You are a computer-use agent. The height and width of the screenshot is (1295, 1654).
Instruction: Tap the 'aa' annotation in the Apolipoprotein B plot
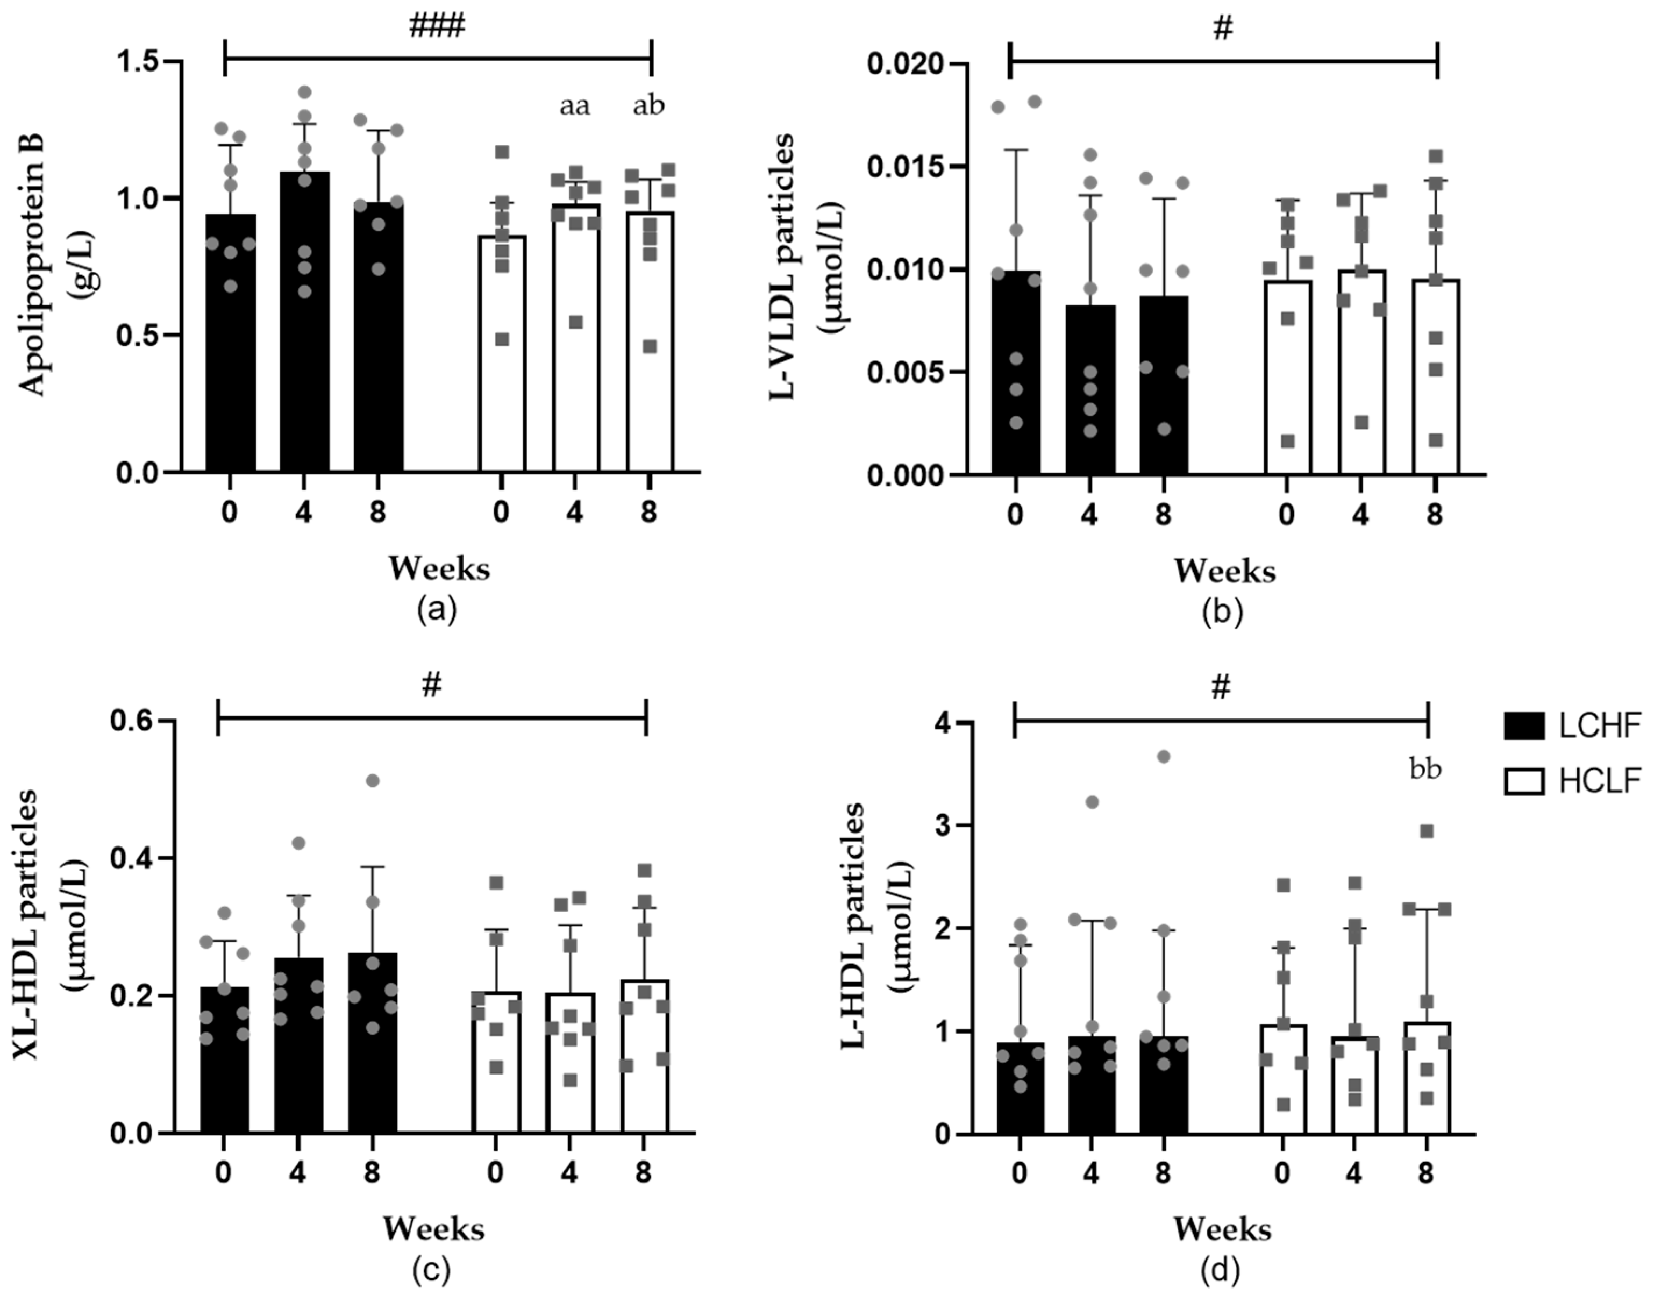tap(575, 106)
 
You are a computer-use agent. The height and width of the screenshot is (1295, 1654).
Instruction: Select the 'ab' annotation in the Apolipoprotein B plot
tap(649, 106)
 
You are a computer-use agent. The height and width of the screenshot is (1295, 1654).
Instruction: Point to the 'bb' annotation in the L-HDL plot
tap(1425, 770)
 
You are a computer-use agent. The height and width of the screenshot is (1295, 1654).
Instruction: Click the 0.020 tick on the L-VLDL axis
tap(907, 63)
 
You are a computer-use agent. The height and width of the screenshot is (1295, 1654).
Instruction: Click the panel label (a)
tap(437, 610)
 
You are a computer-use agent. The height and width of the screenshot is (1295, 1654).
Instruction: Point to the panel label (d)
tap(1222, 1269)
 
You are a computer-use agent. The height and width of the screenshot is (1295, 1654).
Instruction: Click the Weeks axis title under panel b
tap(1224, 571)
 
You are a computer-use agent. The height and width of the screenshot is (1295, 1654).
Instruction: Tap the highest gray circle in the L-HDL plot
tap(1164, 757)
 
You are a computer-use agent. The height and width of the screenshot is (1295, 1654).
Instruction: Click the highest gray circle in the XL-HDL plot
tap(372, 781)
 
